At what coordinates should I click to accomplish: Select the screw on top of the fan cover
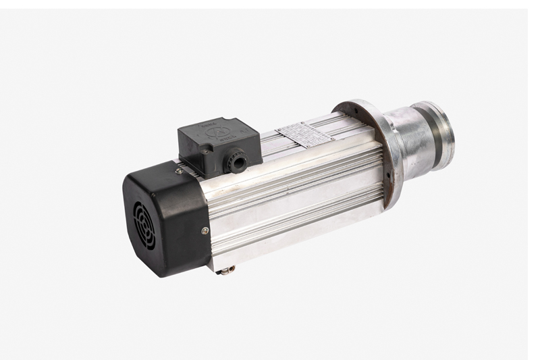pos(178,171)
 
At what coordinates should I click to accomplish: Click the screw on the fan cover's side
pos(205,231)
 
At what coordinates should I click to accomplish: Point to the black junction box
pos(218,144)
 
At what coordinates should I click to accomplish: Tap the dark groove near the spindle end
pos(439,135)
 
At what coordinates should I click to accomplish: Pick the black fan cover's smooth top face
pos(159,178)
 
